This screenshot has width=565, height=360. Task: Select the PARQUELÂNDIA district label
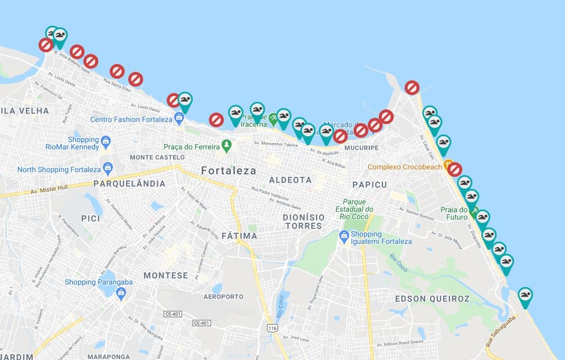click(129, 184)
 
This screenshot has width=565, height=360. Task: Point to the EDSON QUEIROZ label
click(432, 299)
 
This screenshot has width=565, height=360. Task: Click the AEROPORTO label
click(223, 297)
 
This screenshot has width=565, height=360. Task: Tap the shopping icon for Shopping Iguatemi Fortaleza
click(344, 235)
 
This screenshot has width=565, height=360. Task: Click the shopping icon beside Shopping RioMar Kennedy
click(105, 141)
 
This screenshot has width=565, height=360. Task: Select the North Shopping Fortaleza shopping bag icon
click(107, 169)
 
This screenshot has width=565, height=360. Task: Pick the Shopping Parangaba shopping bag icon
click(121, 293)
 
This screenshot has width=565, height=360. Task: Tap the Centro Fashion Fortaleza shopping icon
click(179, 118)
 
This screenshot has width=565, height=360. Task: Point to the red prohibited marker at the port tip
click(412, 87)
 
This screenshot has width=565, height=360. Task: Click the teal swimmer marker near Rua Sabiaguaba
click(525, 296)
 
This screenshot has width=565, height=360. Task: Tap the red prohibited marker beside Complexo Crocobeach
click(455, 169)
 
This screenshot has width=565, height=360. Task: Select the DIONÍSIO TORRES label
click(304, 222)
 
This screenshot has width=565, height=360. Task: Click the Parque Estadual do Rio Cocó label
click(358, 208)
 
